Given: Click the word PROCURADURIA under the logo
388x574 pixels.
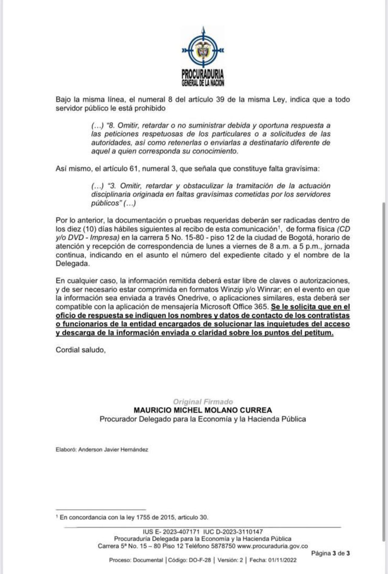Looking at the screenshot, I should pos(202,74).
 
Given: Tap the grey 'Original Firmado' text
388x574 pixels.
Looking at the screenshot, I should pos(203,402).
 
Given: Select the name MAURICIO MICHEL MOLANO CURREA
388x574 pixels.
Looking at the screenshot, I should pos(203,410).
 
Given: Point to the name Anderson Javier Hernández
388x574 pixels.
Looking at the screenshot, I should pos(113,450).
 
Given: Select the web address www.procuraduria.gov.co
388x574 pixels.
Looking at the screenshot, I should pos(272,546).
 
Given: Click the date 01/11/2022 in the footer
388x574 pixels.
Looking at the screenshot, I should pos(282,560).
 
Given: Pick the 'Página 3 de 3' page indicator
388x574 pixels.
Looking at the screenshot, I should pos(330,553).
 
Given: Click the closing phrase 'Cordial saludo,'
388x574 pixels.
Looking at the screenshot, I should pos(81,350).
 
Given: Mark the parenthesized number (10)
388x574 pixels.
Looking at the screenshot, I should pos(89,229).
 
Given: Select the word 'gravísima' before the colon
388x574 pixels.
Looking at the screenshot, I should pos(302,168).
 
